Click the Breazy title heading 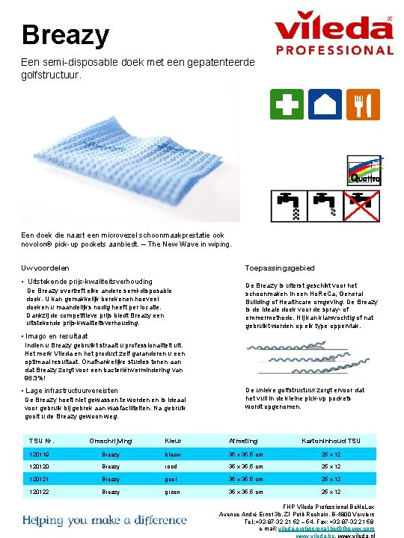point(66,34)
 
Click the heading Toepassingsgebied point(280,268)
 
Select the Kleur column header point(173,441)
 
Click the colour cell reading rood point(172,466)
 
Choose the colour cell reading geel point(172,479)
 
